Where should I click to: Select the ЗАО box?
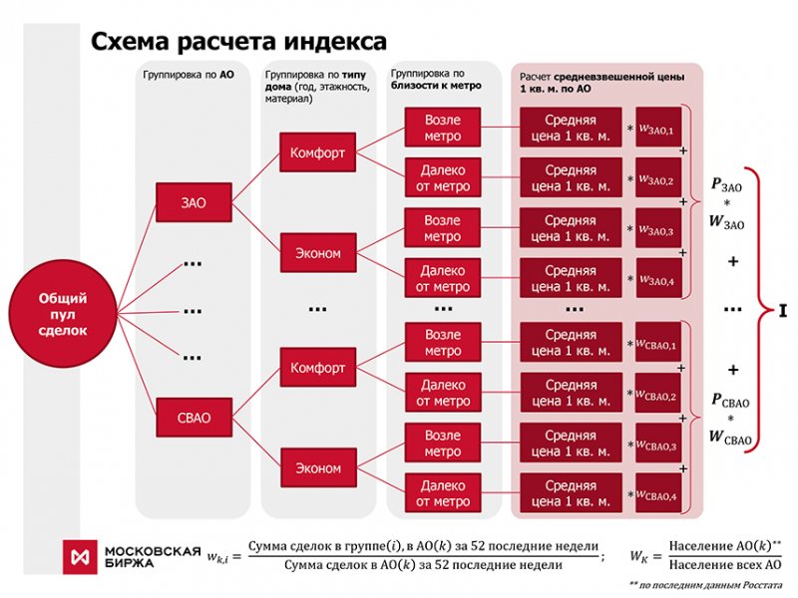click(194, 202)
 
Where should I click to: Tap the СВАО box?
click(194, 417)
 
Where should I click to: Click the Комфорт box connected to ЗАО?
click(317, 153)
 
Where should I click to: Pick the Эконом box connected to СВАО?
click(317, 467)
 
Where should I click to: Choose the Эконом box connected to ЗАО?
click(317, 253)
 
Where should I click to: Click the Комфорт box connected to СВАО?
click(317, 368)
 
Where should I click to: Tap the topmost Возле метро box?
click(443, 128)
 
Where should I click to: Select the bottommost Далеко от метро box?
click(443, 492)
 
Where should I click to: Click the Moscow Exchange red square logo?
click(79, 556)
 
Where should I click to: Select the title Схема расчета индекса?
click(239, 42)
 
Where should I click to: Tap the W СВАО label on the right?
click(729, 436)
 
